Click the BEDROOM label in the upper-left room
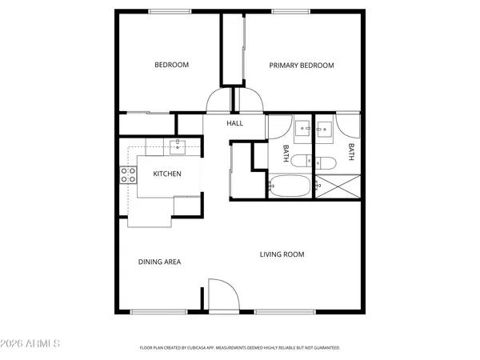pyautogui.click(x=171, y=65)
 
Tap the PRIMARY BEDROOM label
pyautogui.click(x=301, y=65)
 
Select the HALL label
pyautogui.click(x=234, y=123)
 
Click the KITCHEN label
pyautogui.click(x=167, y=174)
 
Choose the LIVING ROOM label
pyautogui.click(x=282, y=254)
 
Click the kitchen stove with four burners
pyautogui.click(x=126, y=174)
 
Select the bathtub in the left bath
pyautogui.click(x=289, y=186)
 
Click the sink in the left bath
pyautogui.click(x=302, y=128)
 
